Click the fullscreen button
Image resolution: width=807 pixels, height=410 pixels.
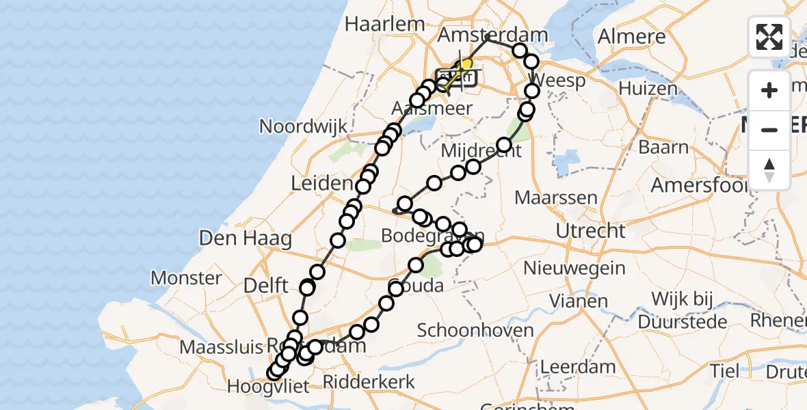coord(769,37)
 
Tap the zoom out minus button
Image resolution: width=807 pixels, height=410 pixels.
coord(769,130)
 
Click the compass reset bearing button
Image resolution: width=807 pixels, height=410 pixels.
coord(769,170)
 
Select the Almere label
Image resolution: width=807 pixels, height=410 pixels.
coord(631,37)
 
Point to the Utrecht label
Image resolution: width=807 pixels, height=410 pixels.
coord(590,231)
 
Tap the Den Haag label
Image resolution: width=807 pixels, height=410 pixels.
coord(246,238)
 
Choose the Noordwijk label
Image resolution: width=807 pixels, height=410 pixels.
coord(303,126)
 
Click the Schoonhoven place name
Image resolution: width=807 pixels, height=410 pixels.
coord(475,331)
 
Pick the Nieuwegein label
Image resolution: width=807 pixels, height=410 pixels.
coord(574,267)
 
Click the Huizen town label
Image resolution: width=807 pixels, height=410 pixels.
coord(648,88)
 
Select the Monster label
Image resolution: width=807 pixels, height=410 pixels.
coord(186,278)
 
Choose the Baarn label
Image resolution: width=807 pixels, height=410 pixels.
coord(663,147)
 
